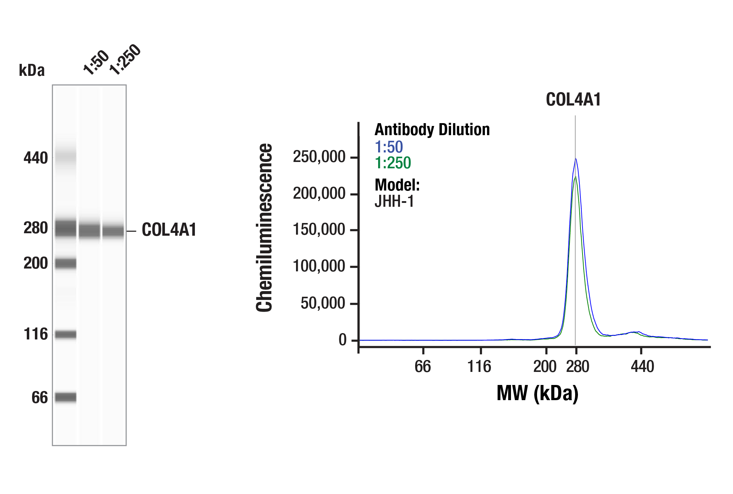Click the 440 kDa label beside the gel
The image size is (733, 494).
(x=36, y=158)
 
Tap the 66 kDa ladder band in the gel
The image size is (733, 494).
(x=66, y=397)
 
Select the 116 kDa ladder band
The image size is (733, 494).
(x=66, y=334)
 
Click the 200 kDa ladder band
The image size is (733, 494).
(x=66, y=263)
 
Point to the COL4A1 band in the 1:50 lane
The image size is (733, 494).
(x=89, y=231)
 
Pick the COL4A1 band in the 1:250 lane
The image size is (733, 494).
(x=113, y=231)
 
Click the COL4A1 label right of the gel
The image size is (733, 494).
(x=169, y=230)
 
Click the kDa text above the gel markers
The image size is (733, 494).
(x=32, y=70)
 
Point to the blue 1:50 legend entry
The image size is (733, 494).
(x=389, y=147)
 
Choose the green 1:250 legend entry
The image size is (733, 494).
(x=393, y=163)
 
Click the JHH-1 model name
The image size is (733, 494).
(x=394, y=201)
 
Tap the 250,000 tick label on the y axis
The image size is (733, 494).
(x=319, y=157)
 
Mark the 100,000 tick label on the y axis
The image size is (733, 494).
(x=319, y=266)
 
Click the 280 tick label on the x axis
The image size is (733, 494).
(x=578, y=367)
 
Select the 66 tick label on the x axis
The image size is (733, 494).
(x=423, y=367)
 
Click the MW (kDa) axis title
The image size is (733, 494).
(x=537, y=393)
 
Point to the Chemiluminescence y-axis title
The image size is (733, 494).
(x=264, y=228)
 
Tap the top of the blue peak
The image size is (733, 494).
(x=575, y=159)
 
